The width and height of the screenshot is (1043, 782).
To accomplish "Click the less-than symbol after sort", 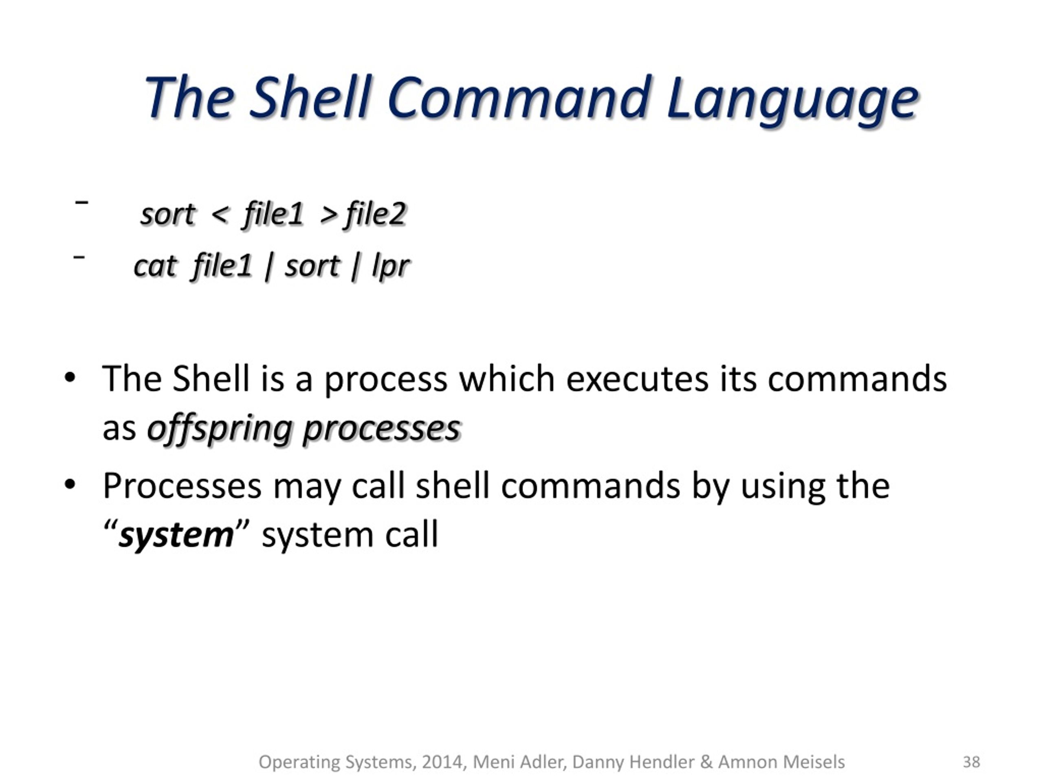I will coord(220,215).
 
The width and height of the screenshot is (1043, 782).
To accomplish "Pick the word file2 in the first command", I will coord(376,215).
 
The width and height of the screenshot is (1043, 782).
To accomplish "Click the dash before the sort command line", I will coord(81,202).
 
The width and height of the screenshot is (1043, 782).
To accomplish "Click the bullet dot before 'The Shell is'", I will coord(69,378).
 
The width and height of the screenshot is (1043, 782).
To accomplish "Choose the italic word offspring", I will coord(219,429).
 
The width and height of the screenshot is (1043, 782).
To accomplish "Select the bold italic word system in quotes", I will coord(176,536).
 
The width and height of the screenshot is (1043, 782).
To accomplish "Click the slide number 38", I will coord(971,762).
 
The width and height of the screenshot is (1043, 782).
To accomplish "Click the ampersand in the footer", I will coord(706,762).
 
